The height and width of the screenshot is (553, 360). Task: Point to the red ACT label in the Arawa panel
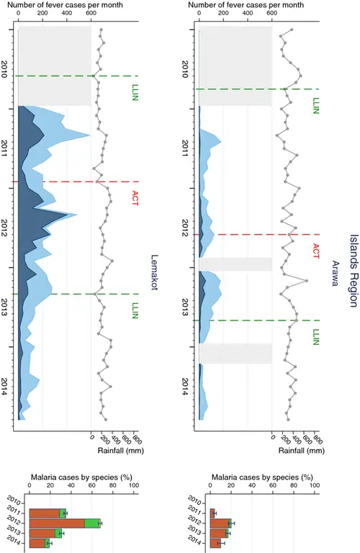(315, 251)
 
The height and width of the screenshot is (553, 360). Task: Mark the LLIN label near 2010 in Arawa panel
(315, 107)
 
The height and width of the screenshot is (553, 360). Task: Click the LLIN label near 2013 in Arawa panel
(315, 337)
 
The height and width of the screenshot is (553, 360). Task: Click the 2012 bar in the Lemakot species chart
(65, 523)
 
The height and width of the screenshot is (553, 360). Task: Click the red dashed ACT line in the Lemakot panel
(72, 181)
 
